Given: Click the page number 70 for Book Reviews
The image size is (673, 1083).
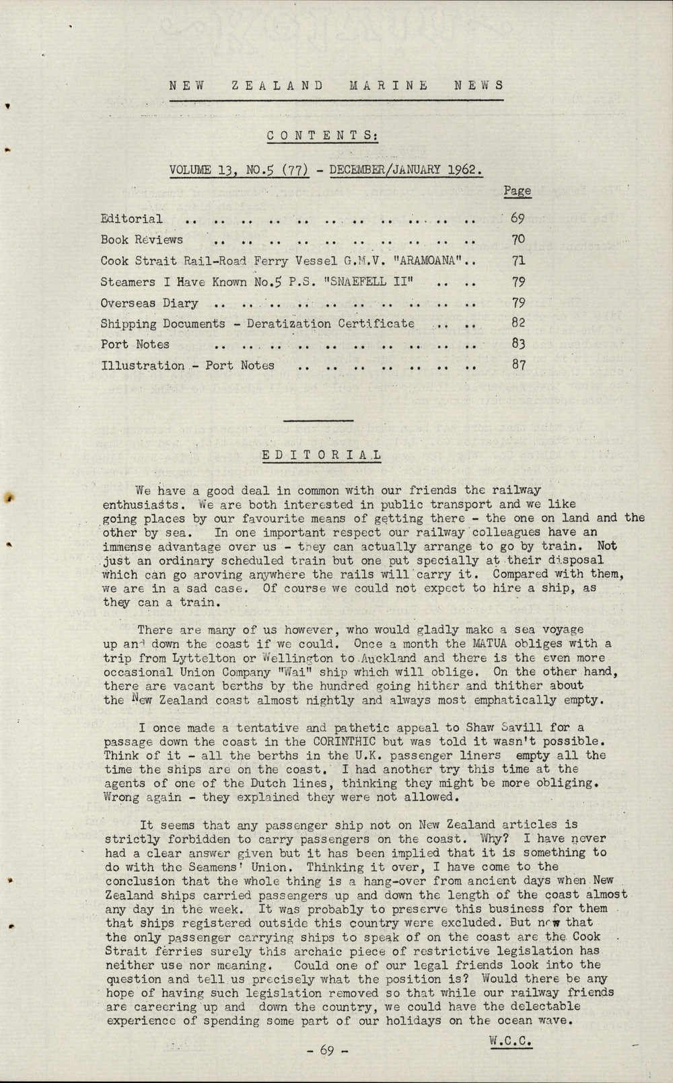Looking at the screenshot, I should [518, 239].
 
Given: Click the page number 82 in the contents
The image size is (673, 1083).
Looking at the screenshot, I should [518, 323].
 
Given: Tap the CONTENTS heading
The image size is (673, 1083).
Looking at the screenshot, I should [322, 135].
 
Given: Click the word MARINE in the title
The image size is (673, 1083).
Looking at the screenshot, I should [388, 85].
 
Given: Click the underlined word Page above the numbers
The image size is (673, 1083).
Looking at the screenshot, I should [517, 191].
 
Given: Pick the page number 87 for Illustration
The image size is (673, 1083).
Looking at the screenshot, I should [518, 365].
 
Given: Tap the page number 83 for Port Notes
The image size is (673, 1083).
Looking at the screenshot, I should [518, 344].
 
